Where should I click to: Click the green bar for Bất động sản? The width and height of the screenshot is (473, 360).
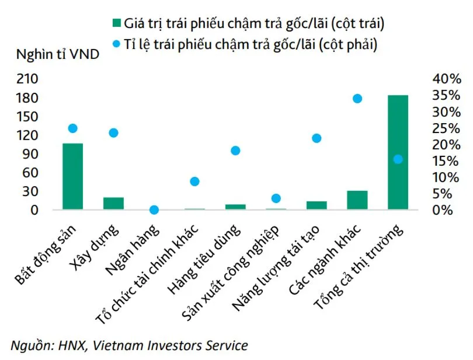point(72,176)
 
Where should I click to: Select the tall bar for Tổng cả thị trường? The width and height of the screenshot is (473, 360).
point(398,152)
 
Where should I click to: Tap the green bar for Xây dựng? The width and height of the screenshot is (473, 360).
point(113,204)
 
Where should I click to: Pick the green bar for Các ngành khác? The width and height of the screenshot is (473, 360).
point(357,200)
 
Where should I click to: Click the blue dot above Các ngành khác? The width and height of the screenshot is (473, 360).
point(357,99)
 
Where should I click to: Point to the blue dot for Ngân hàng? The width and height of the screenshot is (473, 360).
point(154,209)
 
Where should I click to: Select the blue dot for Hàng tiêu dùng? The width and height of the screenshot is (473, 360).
point(235,151)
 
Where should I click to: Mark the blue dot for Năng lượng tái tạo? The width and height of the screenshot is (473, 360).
point(317,138)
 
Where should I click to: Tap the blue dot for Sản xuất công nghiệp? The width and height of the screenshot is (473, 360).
point(276,198)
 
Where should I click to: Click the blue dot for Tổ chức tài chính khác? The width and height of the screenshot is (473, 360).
point(195,181)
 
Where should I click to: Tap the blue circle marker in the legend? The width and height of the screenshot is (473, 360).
point(116,44)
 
